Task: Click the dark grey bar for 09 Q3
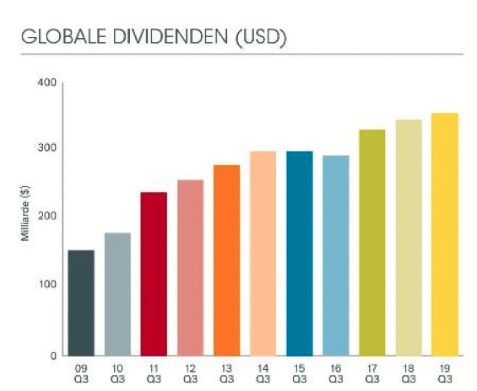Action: (x=81, y=303)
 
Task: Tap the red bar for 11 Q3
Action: (x=154, y=273)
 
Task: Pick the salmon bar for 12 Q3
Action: (x=190, y=267)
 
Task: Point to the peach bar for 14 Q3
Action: (x=263, y=253)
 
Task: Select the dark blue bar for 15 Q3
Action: (x=299, y=253)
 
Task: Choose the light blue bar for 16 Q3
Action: (x=335, y=255)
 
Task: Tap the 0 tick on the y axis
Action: (x=52, y=355)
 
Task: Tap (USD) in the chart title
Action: (x=257, y=38)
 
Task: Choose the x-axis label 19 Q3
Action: (x=444, y=372)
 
